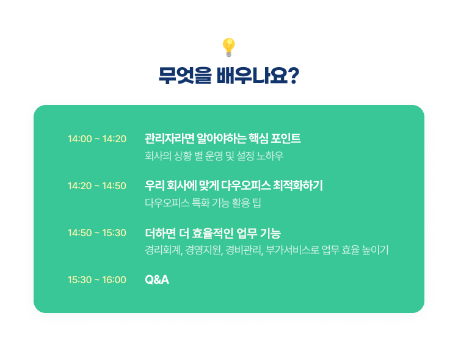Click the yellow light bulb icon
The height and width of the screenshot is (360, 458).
(x=229, y=48)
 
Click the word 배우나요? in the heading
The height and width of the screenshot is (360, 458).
(x=258, y=76)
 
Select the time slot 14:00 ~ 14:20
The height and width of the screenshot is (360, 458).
(x=97, y=139)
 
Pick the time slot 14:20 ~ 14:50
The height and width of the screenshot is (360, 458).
(x=97, y=185)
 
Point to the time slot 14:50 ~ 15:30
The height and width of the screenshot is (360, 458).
(x=97, y=232)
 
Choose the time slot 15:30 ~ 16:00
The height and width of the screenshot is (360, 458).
(x=97, y=279)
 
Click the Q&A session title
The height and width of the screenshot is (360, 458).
(x=157, y=279)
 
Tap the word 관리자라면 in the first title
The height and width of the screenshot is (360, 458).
(x=170, y=139)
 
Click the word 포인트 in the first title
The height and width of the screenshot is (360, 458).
(x=286, y=139)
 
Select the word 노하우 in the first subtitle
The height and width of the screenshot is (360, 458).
(x=270, y=156)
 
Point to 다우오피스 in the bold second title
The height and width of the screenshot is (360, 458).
(x=245, y=185)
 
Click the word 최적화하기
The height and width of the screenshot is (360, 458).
(x=298, y=185)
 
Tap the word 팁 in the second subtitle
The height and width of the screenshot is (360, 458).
(x=256, y=203)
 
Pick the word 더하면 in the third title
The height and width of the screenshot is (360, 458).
(x=161, y=233)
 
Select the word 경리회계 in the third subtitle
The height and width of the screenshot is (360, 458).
(x=164, y=250)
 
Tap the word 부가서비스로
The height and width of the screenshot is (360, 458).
(x=293, y=250)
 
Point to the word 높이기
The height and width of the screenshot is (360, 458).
(x=375, y=250)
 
